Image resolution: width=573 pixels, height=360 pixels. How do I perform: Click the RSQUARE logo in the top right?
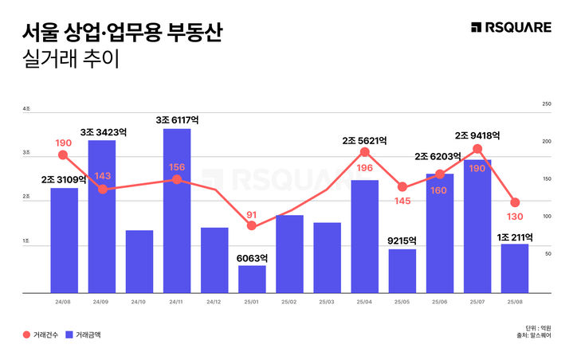[511, 28]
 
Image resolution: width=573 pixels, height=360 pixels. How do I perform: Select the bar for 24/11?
[177, 211]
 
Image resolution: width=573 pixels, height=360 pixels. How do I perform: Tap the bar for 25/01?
[252, 279]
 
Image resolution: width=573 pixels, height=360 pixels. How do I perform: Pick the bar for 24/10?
[139, 261]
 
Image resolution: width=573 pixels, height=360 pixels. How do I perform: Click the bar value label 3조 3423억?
[104, 131]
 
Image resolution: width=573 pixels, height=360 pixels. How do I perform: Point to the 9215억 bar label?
[402, 239]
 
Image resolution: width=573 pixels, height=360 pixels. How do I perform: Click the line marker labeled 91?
[252, 226]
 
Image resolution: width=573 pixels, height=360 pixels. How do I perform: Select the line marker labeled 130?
[515, 202]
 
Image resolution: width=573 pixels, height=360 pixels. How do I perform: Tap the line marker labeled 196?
[365, 151]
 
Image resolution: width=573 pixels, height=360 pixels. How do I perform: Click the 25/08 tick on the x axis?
[515, 302]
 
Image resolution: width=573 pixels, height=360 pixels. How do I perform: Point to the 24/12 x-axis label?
[214, 302]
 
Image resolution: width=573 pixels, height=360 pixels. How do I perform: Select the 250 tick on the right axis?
[546, 104]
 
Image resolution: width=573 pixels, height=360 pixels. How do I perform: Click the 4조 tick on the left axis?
[27, 108]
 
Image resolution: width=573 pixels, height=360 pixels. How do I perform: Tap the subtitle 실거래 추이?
[71, 61]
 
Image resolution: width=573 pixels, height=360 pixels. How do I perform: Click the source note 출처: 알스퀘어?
[532, 336]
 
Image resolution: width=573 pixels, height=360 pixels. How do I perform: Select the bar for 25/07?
[477, 226]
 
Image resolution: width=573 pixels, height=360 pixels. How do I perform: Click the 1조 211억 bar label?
[515, 237]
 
